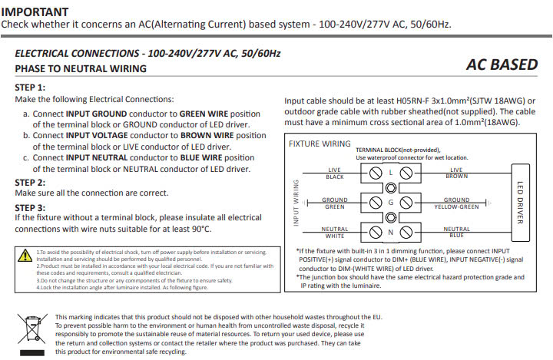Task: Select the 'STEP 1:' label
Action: pyautogui.click(x=30, y=88)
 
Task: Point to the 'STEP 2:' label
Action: pyautogui.click(x=30, y=183)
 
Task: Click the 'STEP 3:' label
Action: pyautogui.click(x=30, y=207)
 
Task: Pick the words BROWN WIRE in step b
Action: pyautogui.click(x=214, y=135)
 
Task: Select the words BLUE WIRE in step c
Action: pyautogui.click(x=203, y=157)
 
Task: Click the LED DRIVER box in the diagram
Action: pyautogui.click(x=520, y=203)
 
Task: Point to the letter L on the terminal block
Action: pyautogui.click(x=391, y=173)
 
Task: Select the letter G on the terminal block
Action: pyautogui.click(x=391, y=203)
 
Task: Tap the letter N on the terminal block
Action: pyautogui.click(x=391, y=232)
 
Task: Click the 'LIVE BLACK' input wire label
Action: pyautogui.click(x=334, y=173)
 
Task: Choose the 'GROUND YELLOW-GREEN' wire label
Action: pyautogui.click(x=456, y=203)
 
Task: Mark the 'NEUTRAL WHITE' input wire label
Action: pyautogui.click(x=334, y=232)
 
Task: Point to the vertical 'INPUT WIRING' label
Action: pyautogui.click(x=295, y=203)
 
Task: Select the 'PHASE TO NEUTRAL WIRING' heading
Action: pyautogui.click(x=81, y=69)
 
